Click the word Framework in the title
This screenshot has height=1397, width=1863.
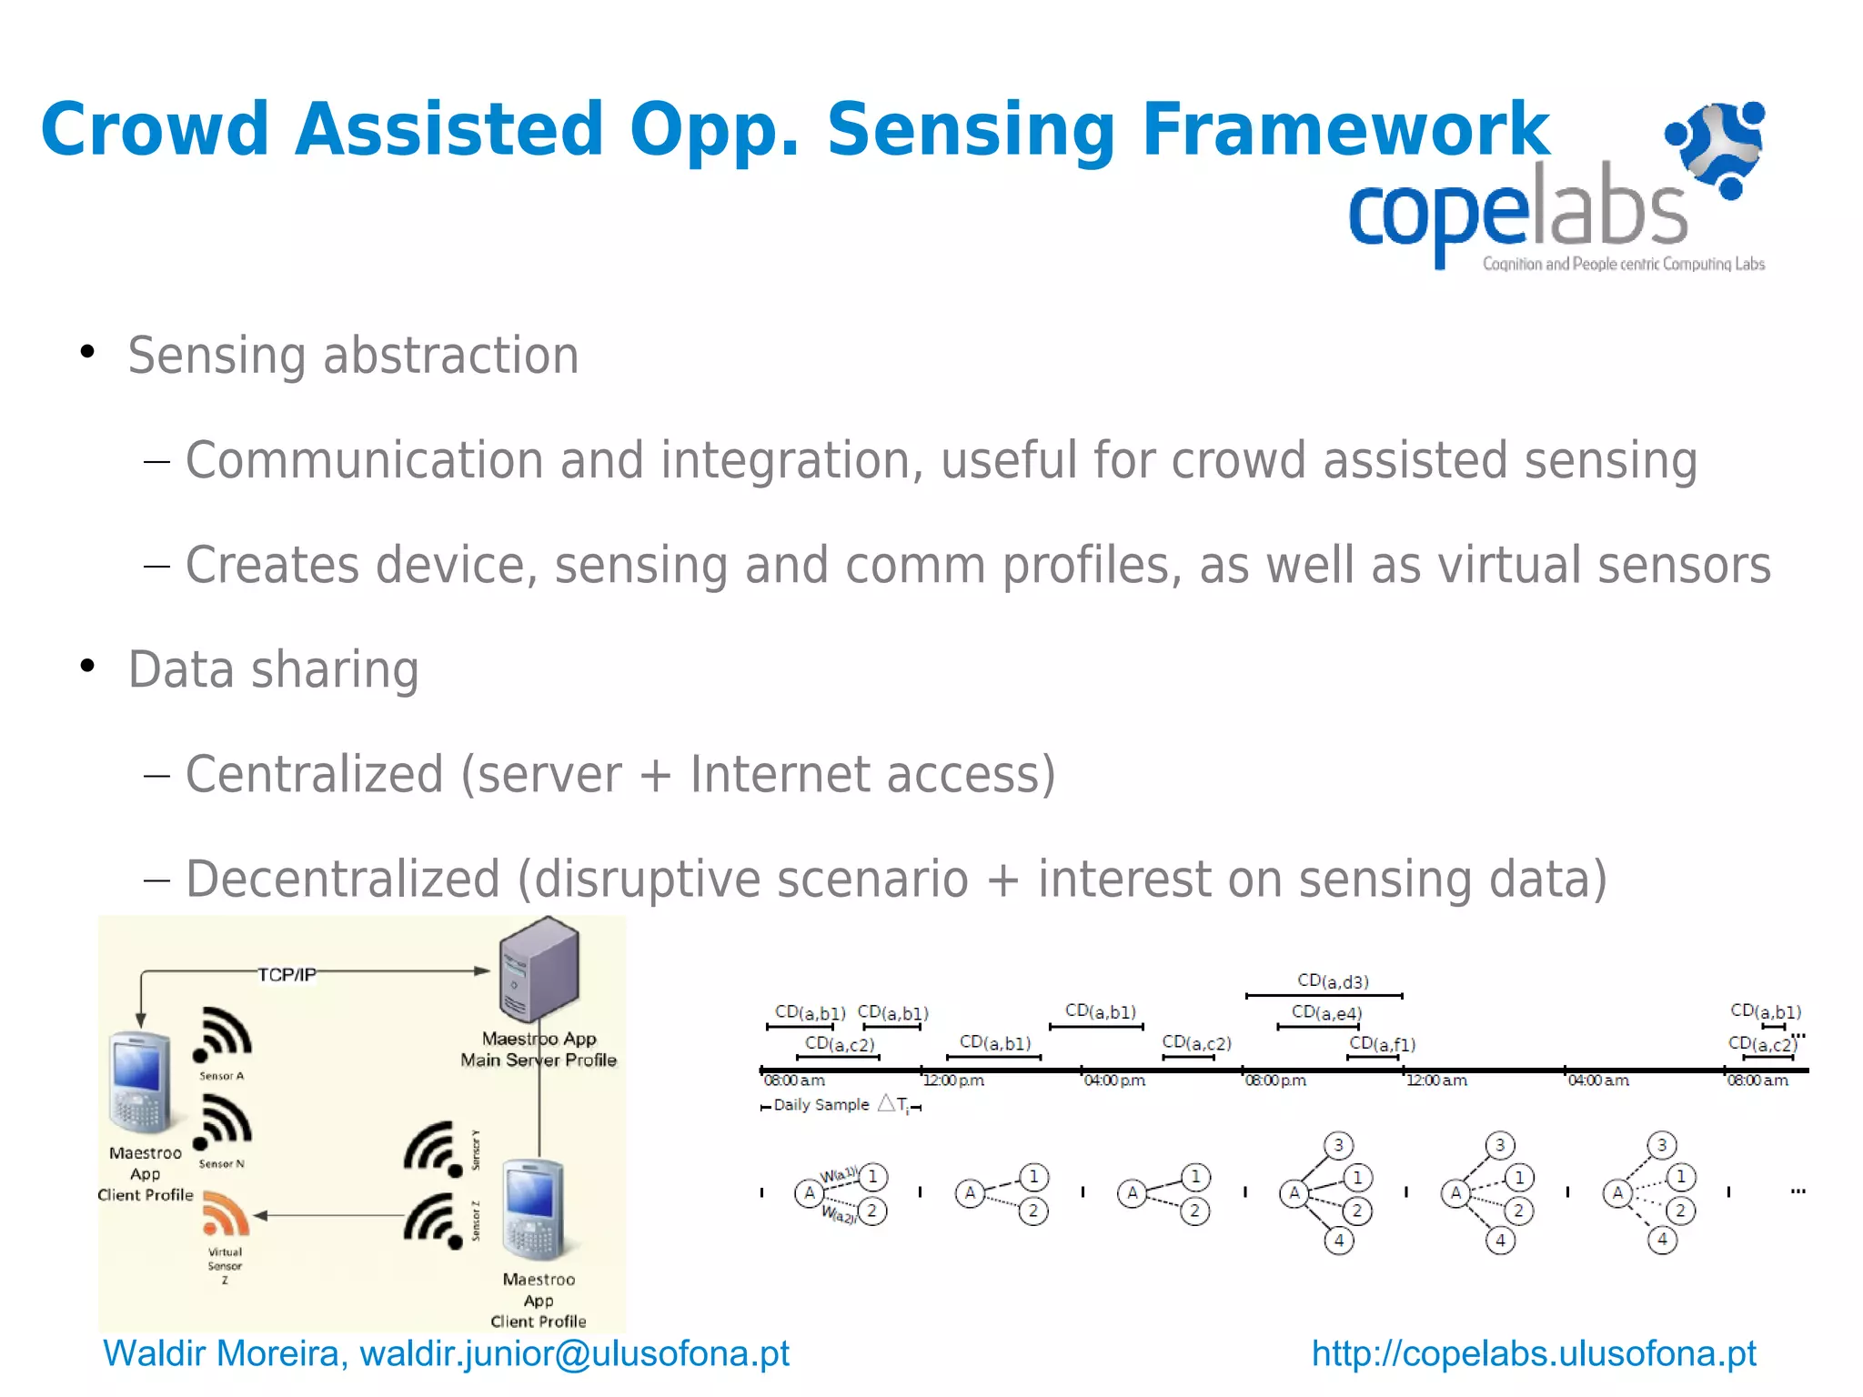pyautogui.click(x=1344, y=130)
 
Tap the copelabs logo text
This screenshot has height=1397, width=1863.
pyautogui.click(x=1516, y=211)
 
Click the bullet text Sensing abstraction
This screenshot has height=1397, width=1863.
pyautogui.click(x=353, y=355)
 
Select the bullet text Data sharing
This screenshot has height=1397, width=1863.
pyautogui.click(x=273, y=669)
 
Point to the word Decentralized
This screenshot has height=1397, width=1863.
pyautogui.click(x=343, y=879)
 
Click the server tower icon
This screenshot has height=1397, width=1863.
pyautogui.click(x=539, y=969)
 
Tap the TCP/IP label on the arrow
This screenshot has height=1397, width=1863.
pyautogui.click(x=287, y=975)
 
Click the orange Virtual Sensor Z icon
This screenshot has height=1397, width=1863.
pyautogui.click(x=225, y=1215)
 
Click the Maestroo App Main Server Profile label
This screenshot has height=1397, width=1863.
pyautogui.click(x=539, y=1050)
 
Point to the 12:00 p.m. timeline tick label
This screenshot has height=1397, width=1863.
pyautogui.click(x=953, y=1080)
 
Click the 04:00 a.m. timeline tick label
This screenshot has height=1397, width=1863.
pyautogui.click(x=1598, y=1080)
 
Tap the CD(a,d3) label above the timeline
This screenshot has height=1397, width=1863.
pyautogui.click(x=1333, y=981)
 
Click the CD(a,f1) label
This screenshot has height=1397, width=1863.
pyautogui.click(x=1382, y=1044)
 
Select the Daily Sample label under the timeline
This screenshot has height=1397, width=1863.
pyautogui.click(x=821, y=1105)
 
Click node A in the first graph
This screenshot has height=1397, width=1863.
pyautogui.click(x=809, y=1192)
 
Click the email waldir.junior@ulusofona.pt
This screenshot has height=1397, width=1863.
pyautogui.click(x=574, y=1353)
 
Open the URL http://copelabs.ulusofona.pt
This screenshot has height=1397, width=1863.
pyautogui.click(x=1534, y=1353)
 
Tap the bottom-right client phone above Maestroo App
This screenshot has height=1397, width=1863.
pyautogui.click(x=536, y=1209)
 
